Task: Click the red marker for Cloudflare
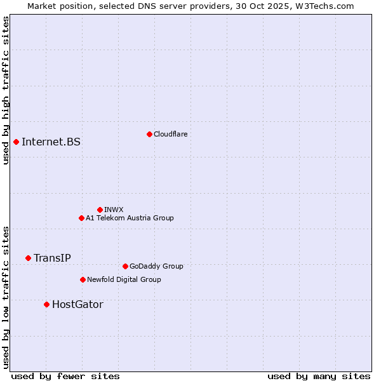click(149, 134)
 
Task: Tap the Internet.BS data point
click(16, 142)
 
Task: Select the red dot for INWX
click(100, 210)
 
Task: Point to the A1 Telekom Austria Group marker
click(81, 218)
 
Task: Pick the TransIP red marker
click(28, 258)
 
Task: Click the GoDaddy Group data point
click(125, 266)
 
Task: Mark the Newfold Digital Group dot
click(83, 279)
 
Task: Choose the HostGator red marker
click(46, 304)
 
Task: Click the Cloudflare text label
click(170, 134)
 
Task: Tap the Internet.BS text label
click(51, 142)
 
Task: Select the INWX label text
click(114, 210)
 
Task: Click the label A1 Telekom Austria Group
click(130, 218)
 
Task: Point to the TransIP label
click(52, 258)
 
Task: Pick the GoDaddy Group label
click(156, 266)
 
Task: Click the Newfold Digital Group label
click(124, 279)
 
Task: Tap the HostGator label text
click(77, 304)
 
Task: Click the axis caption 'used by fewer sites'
click(65, 376)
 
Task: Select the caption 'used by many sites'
click(319, 376)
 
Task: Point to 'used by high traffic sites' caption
click(6, 90)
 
